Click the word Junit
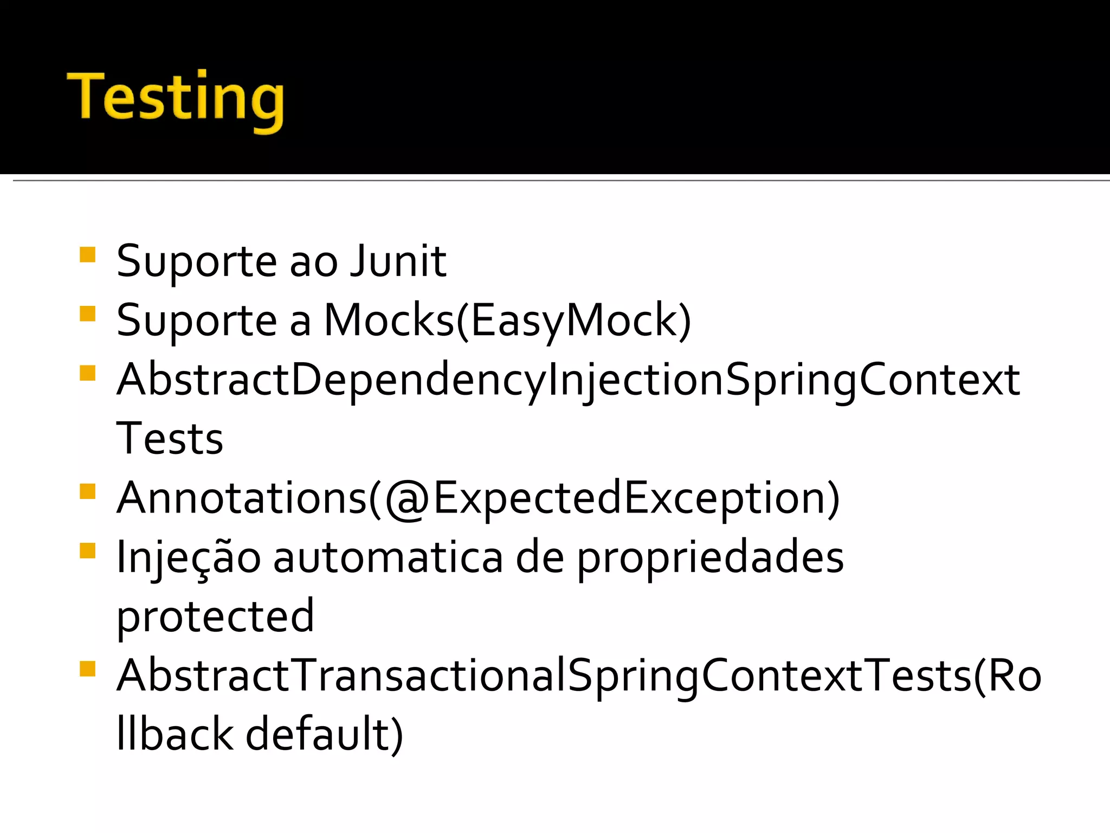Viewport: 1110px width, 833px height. click(x=398, y=261)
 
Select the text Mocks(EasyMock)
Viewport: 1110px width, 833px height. click(x=507, y=321)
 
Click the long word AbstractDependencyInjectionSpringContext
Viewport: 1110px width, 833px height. click(x=568, y=380)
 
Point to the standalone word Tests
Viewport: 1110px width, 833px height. click(x=170, y=438)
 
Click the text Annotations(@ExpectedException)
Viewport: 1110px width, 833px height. click(x=478, y=498)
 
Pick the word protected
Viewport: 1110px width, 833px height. click(x=215, y=616)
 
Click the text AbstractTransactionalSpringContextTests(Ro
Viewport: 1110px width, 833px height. click(x=579, y=676)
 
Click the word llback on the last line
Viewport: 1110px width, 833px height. click(x=175, y=734)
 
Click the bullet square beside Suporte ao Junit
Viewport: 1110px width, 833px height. click(x=87, y=255)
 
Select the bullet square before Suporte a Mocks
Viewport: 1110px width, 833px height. click(x=87, y=314)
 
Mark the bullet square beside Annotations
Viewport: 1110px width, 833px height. click(x=87, y=491)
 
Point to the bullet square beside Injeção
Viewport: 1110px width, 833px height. click(x=87, y=551)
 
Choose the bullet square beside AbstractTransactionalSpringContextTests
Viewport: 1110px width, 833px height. click(x=87, y=669)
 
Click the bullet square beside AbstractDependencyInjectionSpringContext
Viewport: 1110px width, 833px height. click(x=87, y=373)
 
